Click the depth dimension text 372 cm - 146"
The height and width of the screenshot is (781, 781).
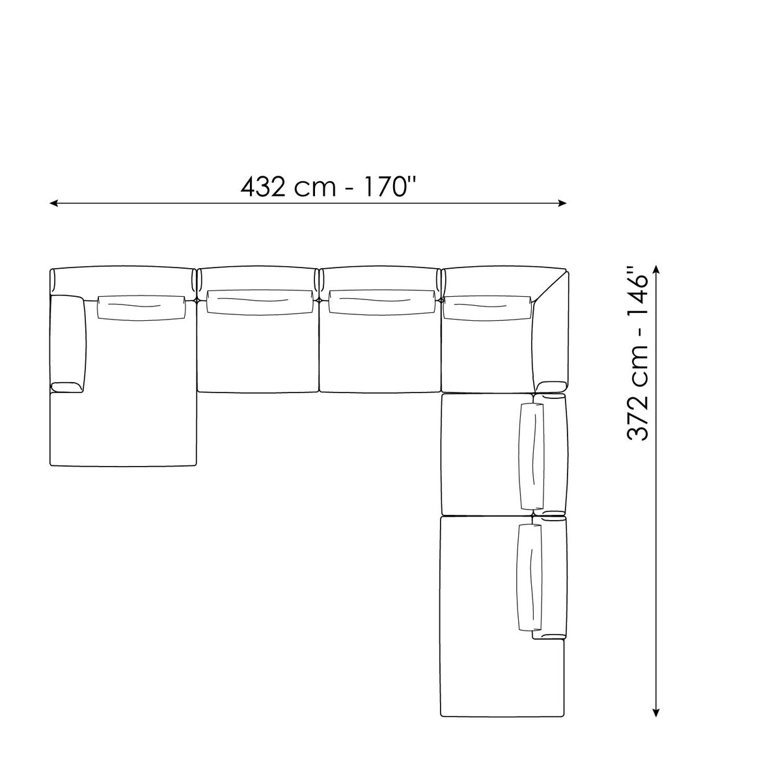coord(638,353)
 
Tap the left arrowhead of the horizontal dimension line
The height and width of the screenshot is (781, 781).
coord(53,203)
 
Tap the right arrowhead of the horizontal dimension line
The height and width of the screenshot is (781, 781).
coord(562,203)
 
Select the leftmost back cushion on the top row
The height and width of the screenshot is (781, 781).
coord(141,308)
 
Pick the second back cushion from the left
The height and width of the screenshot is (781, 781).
coord(260,302)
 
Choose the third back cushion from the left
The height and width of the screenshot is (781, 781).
coord(383,302)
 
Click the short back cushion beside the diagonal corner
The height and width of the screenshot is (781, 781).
coord(487,308)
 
